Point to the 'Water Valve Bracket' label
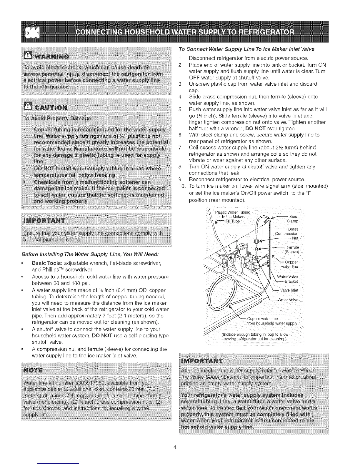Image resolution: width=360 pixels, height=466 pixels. pos(289,279)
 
